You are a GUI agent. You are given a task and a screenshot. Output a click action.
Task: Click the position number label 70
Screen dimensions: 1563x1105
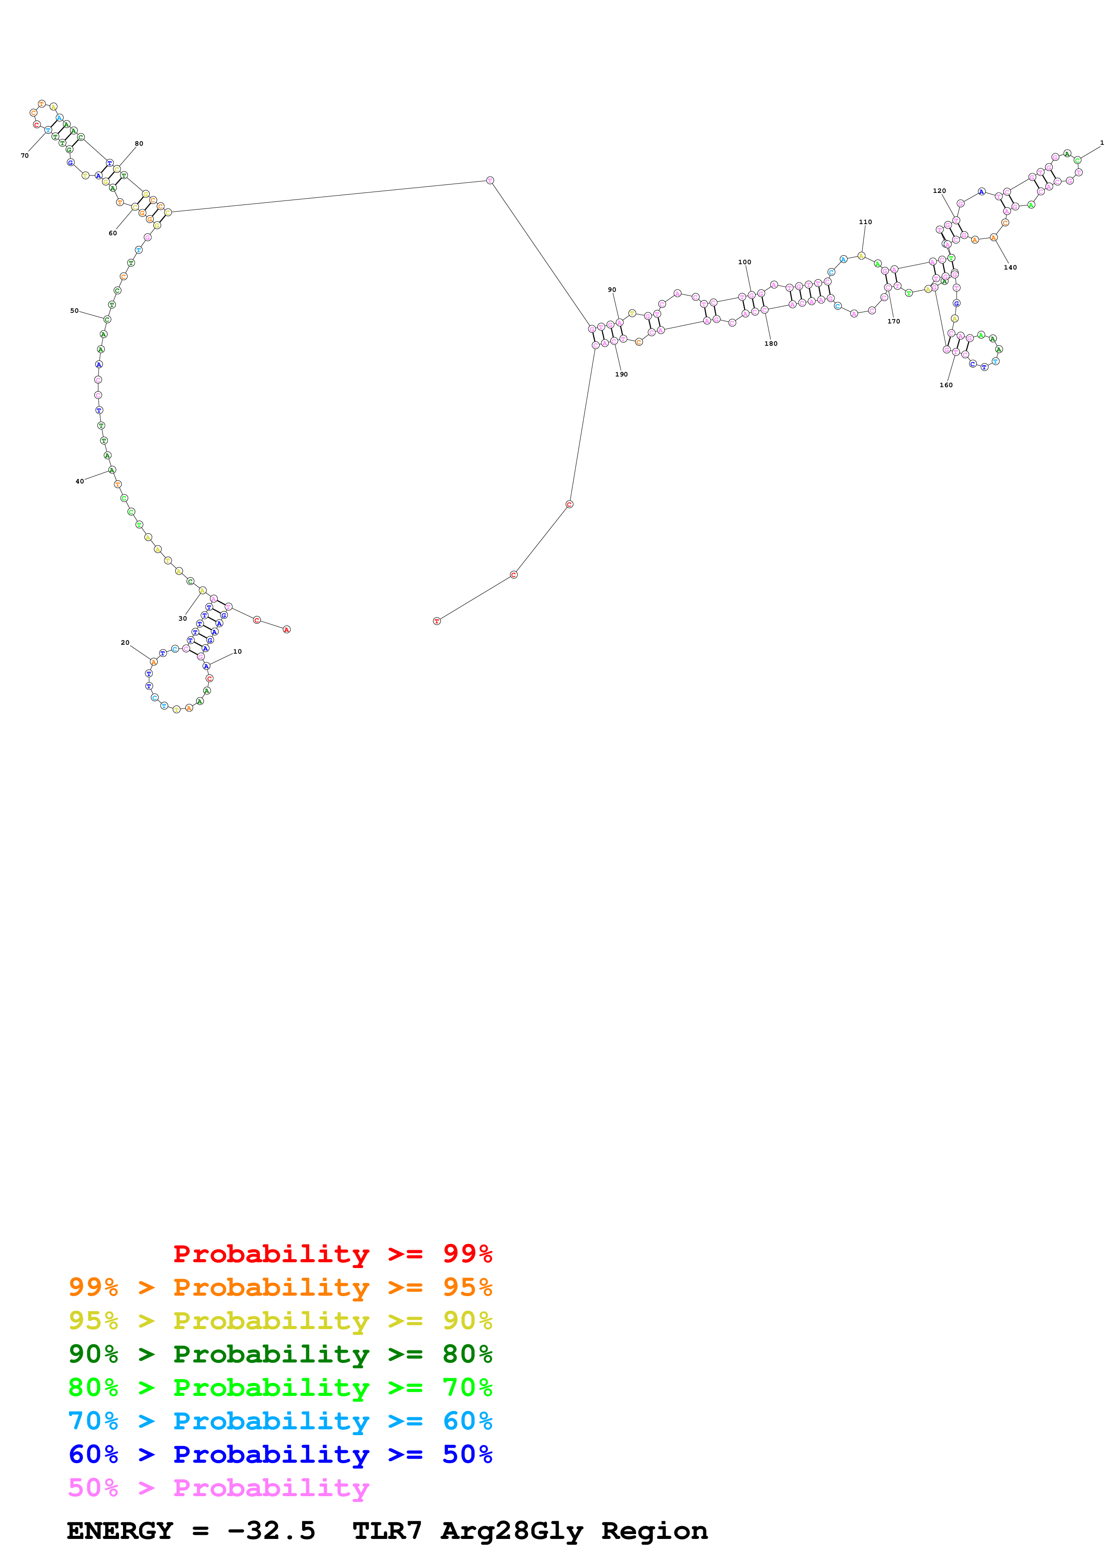(x=25, y=156)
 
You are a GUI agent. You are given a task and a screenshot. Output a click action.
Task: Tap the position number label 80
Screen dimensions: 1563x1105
(x=139, y=143)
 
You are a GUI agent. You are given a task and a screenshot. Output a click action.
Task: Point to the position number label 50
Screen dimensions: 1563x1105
(x=74, y=311)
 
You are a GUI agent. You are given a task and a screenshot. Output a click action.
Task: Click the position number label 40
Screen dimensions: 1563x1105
(x=80, y=481)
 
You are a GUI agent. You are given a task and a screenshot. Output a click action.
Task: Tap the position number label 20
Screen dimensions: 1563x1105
(x=125, y=642)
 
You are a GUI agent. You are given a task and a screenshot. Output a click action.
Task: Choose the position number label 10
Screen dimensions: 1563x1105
(x=237, y=651)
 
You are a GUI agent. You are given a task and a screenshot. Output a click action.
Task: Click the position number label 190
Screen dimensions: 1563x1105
(x=622, y=374)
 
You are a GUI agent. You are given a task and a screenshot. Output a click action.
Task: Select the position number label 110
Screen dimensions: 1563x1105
(x=865, y=222)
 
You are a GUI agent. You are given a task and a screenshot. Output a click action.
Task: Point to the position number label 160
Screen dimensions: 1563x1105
(x=946, y=385)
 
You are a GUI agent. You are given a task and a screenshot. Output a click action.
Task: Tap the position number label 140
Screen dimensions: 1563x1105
(x=1011, y=267)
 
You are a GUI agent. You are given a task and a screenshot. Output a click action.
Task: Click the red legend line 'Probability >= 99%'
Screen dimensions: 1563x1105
(x=332, y=1253)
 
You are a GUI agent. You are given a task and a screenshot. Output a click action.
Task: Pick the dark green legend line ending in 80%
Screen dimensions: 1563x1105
(x=280, y=1354)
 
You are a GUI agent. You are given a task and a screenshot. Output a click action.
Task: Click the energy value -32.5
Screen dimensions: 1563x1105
(x=271, y=1530)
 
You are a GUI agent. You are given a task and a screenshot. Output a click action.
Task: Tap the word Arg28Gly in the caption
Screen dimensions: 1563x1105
(x=511, y=1530)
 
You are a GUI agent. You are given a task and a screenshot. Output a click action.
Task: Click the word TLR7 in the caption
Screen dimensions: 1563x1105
(x=387, y=1530)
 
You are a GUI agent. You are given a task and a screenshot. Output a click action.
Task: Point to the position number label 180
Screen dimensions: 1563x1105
(x=771, y=344)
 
